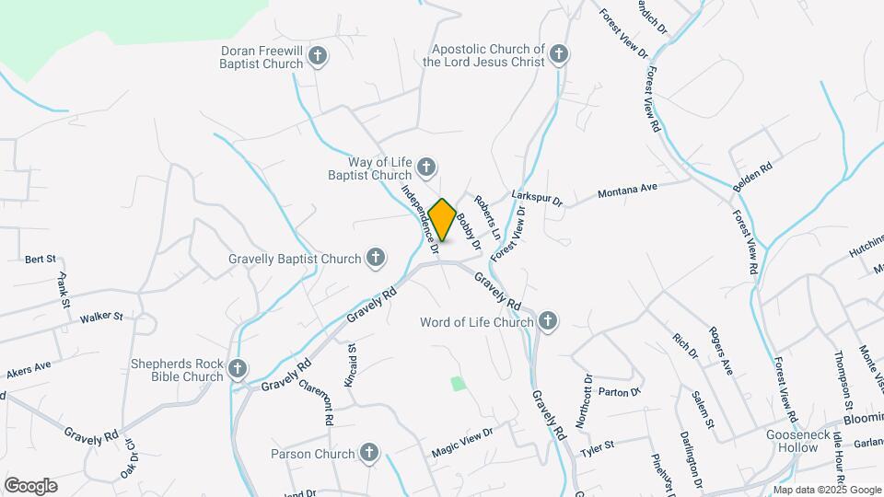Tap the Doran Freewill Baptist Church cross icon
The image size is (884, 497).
[318, 57]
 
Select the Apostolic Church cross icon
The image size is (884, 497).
[558, 55]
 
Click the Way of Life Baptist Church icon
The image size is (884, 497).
[425, 168]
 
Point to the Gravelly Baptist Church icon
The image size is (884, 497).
[376, 259]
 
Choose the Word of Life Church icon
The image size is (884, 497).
[548, 321]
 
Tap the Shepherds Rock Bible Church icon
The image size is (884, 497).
[238, 369]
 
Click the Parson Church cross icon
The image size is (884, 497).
[369, 453]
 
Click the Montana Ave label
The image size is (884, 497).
[627, 190]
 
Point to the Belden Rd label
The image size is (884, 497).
[751, 175]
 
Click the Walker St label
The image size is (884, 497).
[101, 317]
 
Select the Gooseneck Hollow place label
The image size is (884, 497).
[792, 441]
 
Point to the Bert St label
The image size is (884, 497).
[41, 260]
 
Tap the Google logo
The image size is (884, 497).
[30, 485]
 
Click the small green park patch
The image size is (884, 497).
[458, 383]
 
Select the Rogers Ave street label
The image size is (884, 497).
[720, 351]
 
